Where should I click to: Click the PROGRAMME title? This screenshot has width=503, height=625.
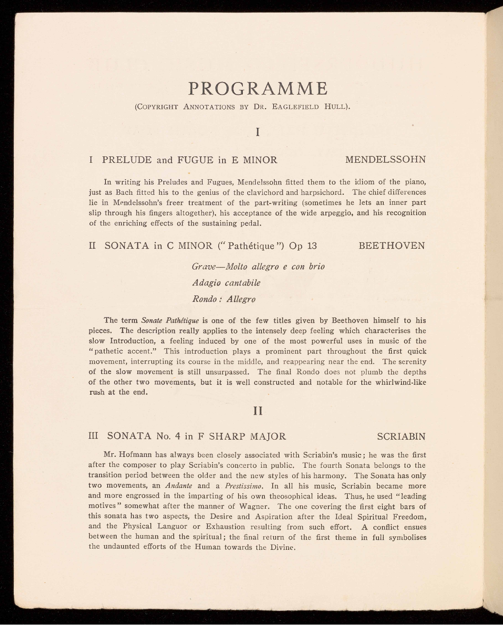click(258, 89)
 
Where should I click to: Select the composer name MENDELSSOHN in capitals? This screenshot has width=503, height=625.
click(385, 160)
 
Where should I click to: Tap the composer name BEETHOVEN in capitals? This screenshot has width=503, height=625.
click(392, 246)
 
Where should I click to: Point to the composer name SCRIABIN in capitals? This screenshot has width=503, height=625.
click(401, 436)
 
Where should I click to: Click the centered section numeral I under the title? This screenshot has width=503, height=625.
click(258, 132)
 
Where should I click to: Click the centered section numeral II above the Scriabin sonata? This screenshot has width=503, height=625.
click(258, 410)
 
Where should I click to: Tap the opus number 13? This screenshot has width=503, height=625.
click(312, 246)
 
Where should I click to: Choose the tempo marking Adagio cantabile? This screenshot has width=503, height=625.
click(226, 283)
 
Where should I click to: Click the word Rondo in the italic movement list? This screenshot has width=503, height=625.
click(204, 299)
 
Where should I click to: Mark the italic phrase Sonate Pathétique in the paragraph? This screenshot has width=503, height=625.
click(170, 320)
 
